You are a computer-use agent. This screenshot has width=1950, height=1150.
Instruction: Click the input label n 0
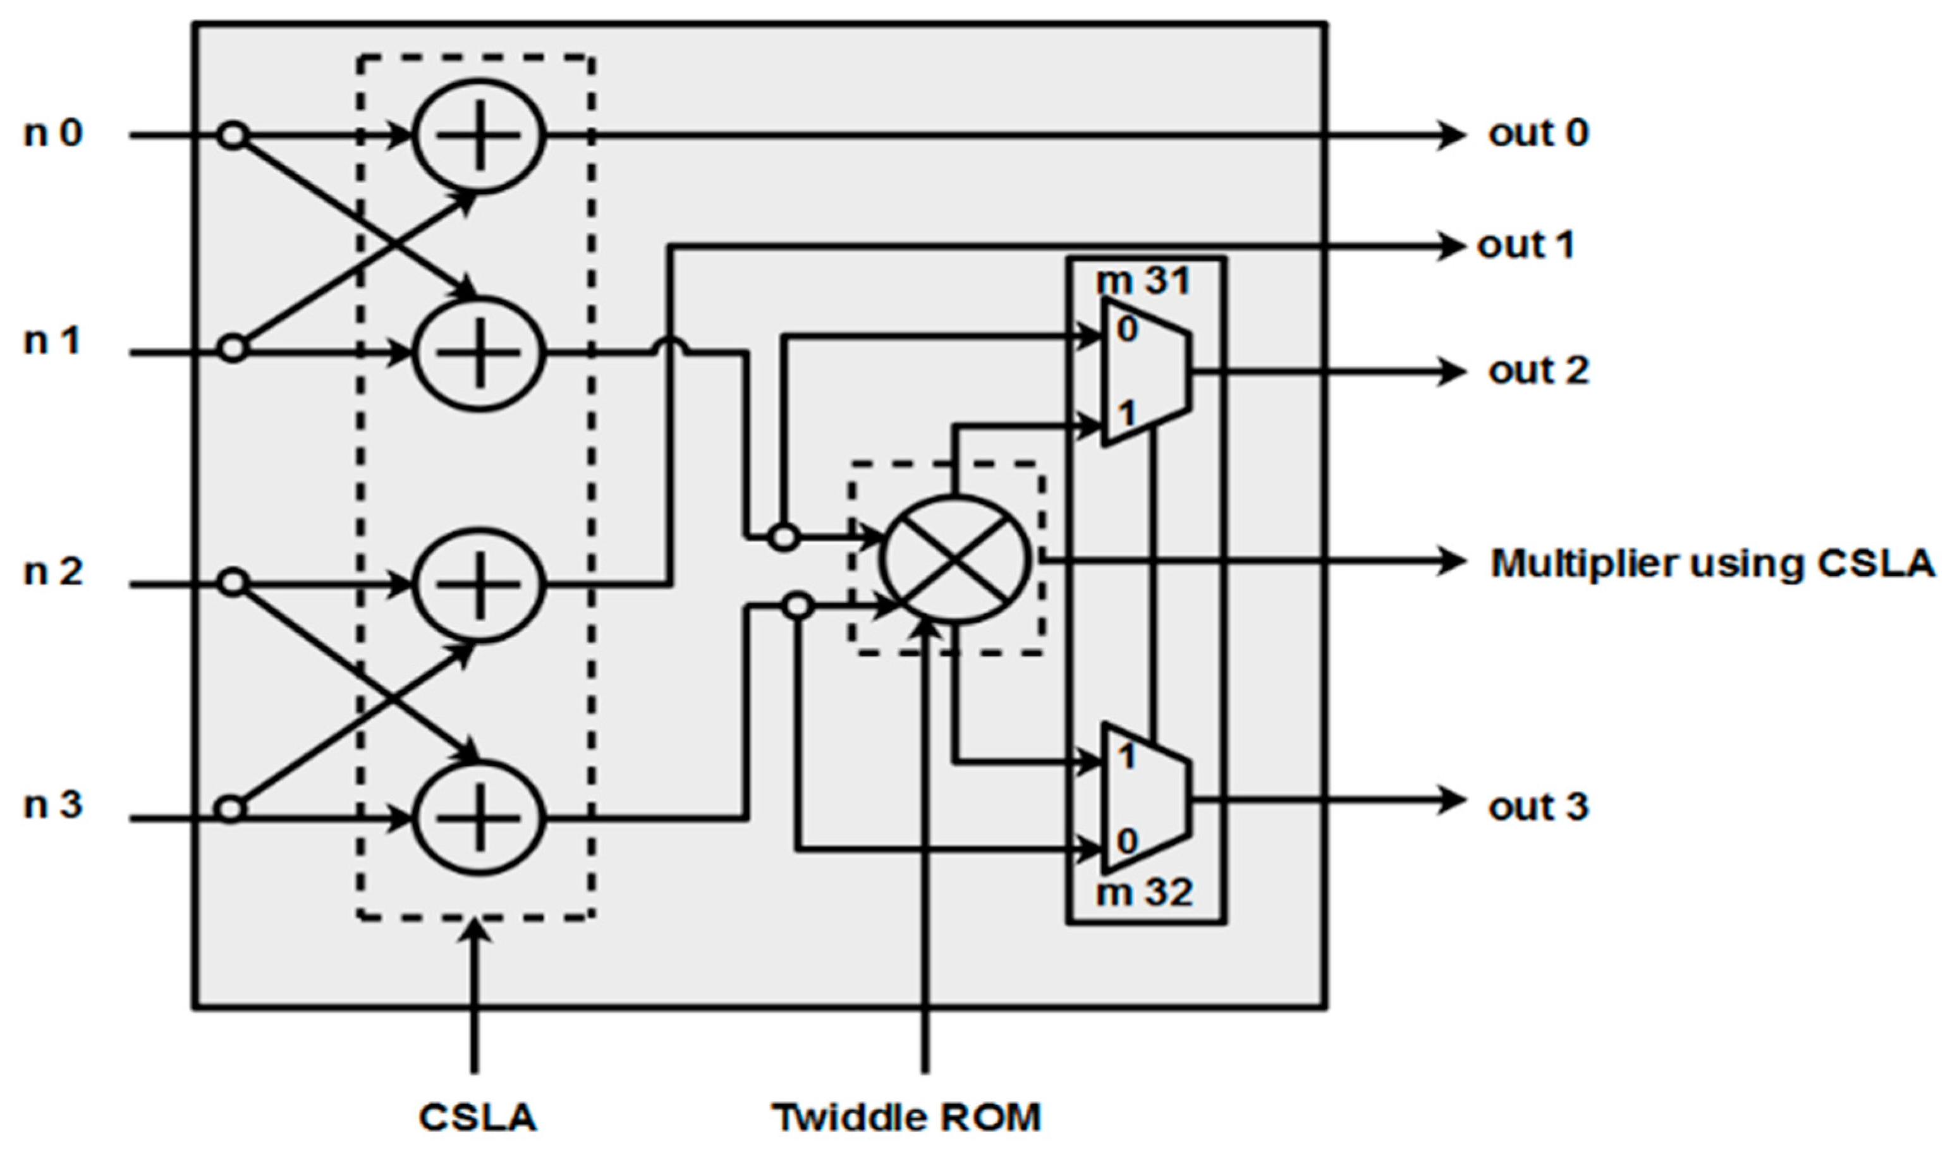[x=52, y=134]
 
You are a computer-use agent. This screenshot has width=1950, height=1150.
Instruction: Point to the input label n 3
[x=52, y=806]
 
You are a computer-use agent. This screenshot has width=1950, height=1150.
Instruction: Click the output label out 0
[x=1539, y=134]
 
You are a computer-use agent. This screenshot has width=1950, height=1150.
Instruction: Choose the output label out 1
[x=1526, y=246]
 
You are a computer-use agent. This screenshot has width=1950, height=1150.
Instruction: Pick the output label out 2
[x=1539, y=371]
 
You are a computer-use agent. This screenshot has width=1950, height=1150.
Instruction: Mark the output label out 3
[x=1539, y=807]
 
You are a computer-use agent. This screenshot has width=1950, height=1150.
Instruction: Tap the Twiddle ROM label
[x=907, y=1117]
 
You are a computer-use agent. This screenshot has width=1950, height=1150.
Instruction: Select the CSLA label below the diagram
[x=477, y=1117]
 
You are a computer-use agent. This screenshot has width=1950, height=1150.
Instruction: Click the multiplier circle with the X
[x=956, y=559]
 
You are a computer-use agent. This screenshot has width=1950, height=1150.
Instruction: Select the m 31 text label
[x=1143, y=281]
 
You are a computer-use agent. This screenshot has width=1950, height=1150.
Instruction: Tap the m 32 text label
[x=1145, y=893]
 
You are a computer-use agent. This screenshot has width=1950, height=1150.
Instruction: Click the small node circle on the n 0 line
[x=233, y=136]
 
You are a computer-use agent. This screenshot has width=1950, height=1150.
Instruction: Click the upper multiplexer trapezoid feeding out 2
[x=1145, y=373]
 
